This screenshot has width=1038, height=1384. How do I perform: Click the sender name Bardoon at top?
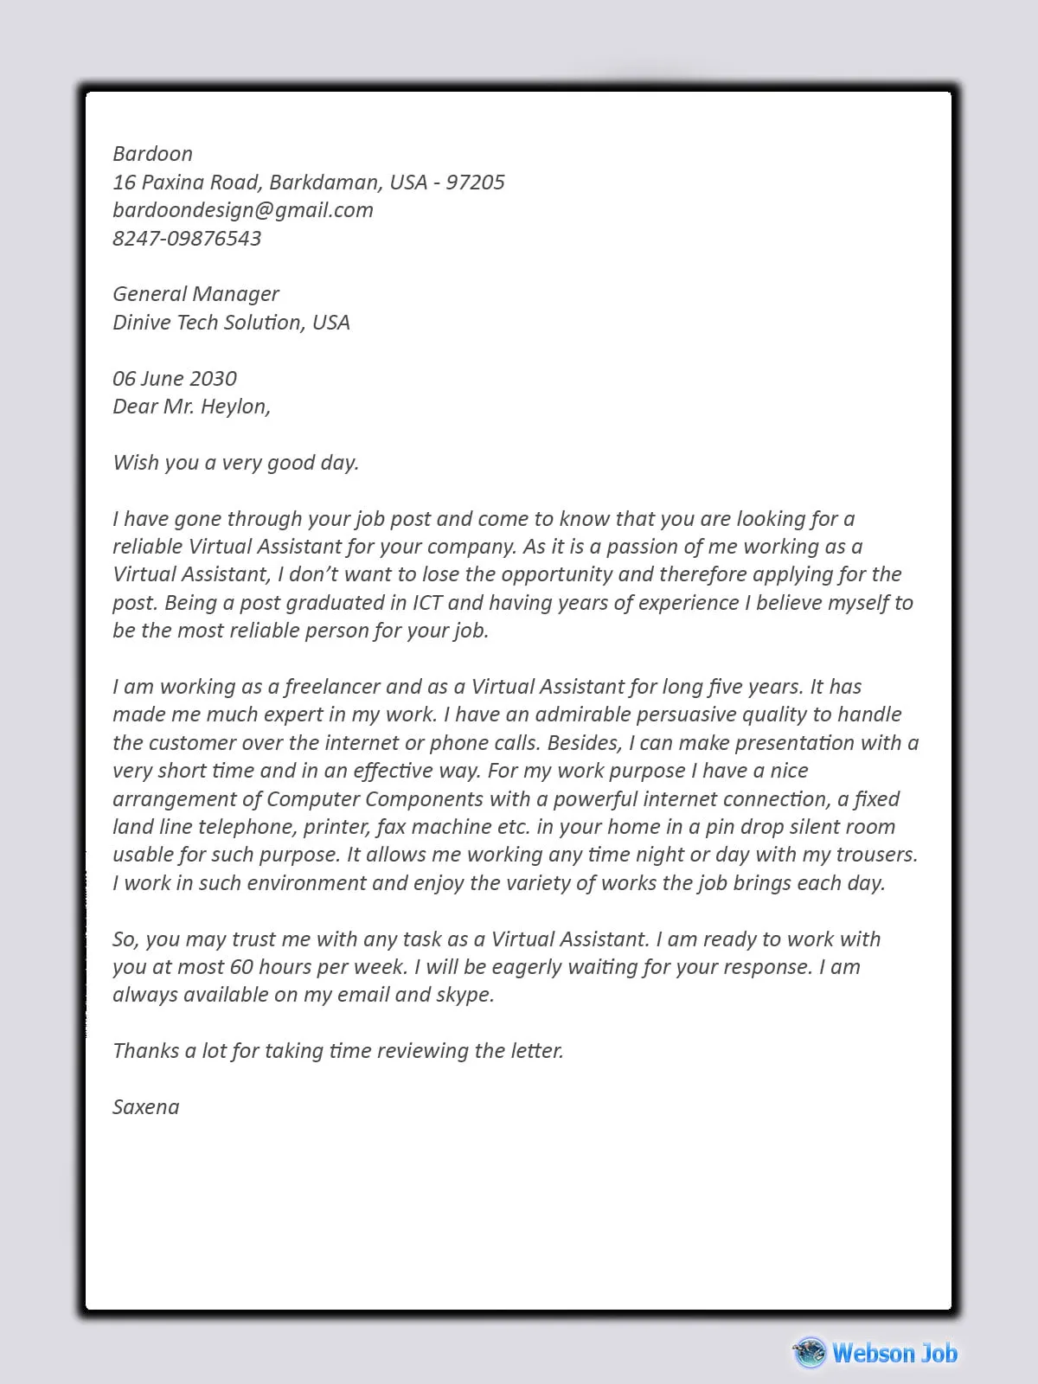(152, 154)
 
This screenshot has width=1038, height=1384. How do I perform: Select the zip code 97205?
(475, 183)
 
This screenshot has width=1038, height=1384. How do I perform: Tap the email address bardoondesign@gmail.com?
(243, 210)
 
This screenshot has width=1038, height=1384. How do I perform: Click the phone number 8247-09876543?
(187, 239)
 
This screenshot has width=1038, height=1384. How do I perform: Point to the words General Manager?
(196, 294)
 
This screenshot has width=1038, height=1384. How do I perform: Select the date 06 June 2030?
(175, 379)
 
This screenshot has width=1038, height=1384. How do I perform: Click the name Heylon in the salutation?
(234, 407)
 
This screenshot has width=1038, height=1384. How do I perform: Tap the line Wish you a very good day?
(235, 463)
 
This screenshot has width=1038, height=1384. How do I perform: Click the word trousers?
(875, 855)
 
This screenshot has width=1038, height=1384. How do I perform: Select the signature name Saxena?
(146, 1107)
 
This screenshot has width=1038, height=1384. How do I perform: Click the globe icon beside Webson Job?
(811, 1352)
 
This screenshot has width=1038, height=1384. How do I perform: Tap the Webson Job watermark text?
(894, 1353)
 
